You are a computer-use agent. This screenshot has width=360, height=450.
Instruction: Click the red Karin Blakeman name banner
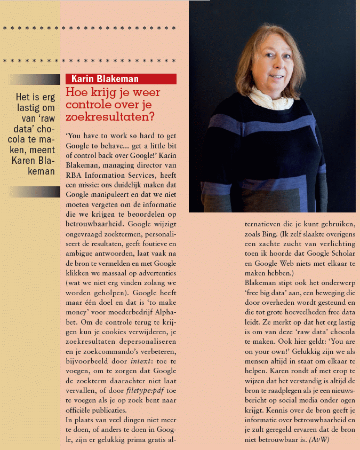[121, 79]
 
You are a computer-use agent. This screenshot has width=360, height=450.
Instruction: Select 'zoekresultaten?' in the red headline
[110, 116]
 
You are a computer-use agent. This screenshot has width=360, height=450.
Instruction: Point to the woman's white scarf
[264, 98]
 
